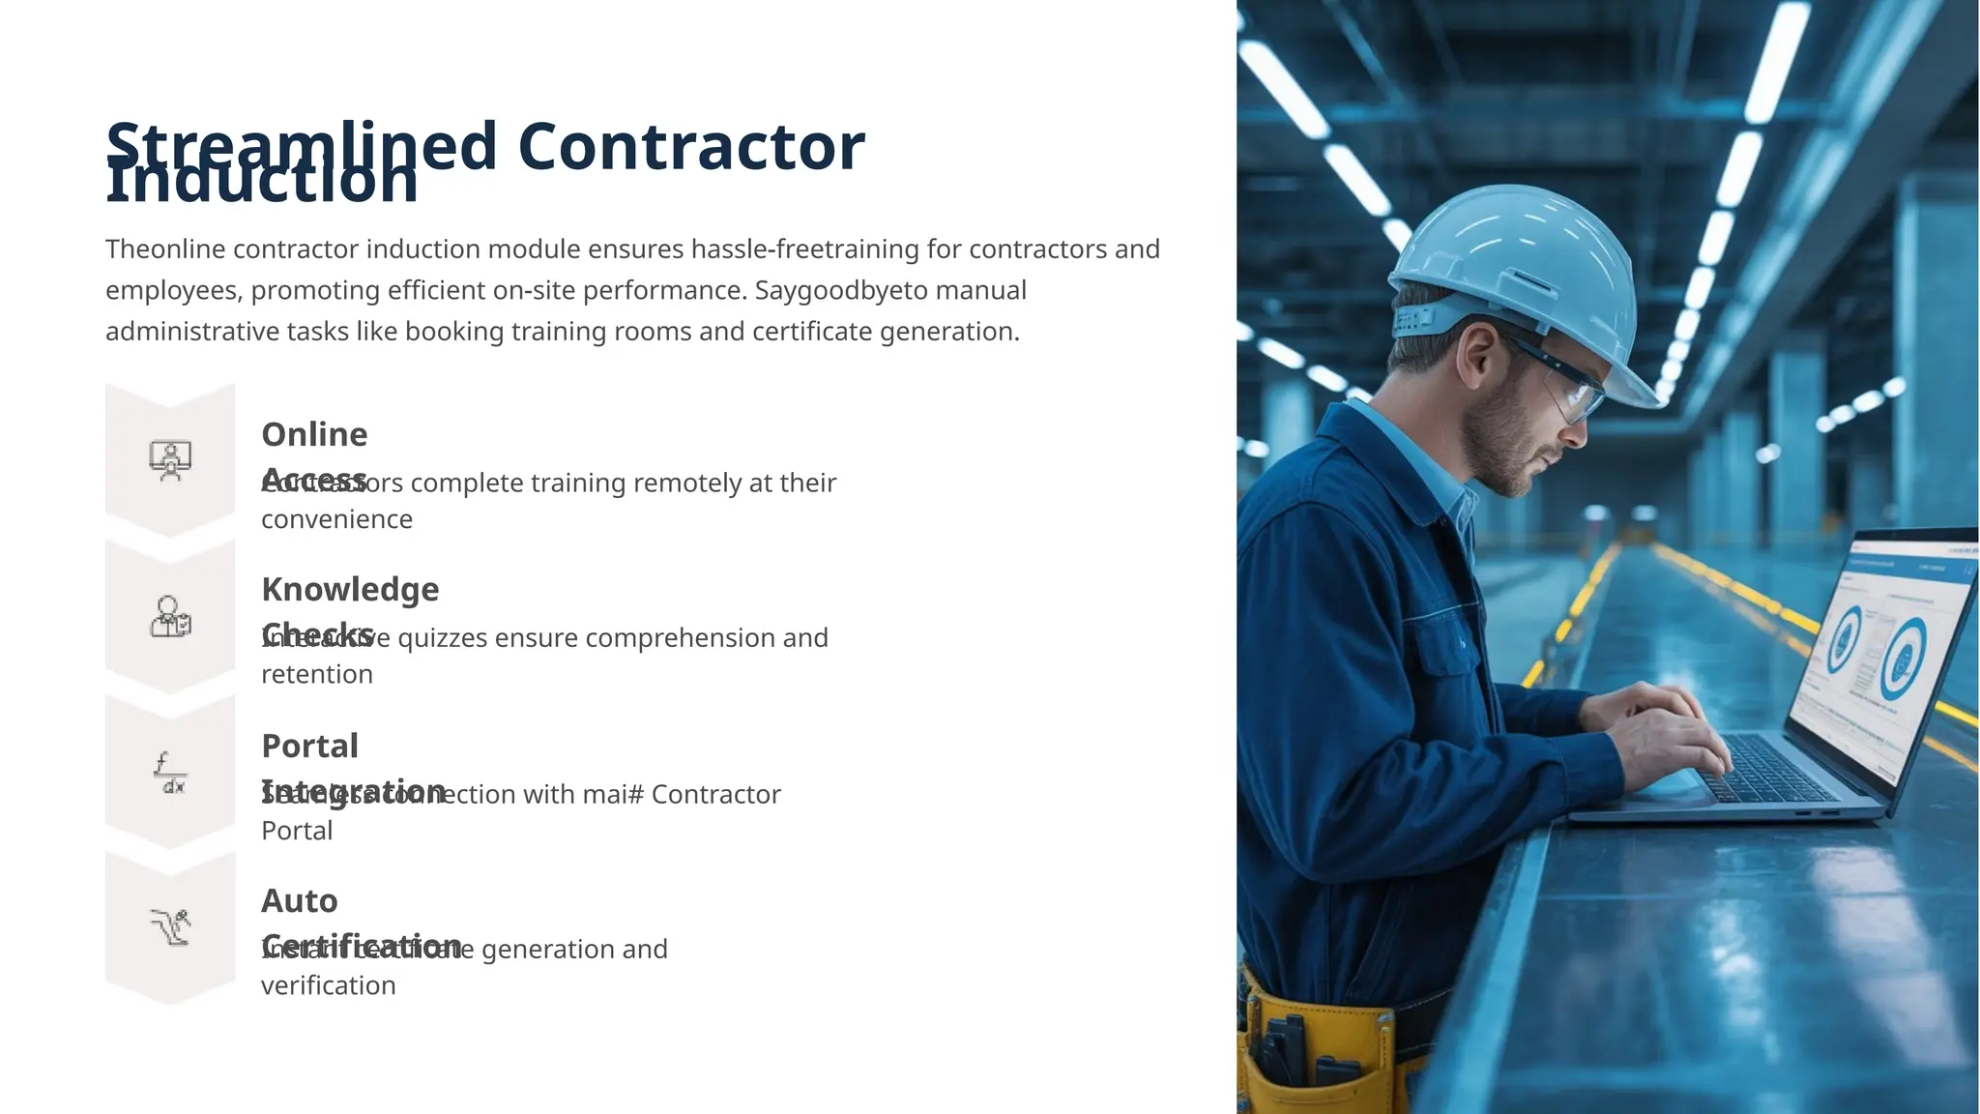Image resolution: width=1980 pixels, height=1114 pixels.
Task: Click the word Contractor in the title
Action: (x=690, y=147)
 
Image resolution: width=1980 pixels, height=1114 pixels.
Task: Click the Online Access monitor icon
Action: (x=170, y=460)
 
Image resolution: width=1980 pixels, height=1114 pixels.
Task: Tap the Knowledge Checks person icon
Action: (x=170, y=616)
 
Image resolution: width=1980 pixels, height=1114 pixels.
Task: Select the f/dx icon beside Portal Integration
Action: (x=170, y=773)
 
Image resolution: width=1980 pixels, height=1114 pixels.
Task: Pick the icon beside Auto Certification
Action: (x=170, y=927)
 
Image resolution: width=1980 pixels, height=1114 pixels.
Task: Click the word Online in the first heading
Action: (x=314, y=435)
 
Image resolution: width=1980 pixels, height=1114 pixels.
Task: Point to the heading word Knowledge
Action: (x=350, y=590)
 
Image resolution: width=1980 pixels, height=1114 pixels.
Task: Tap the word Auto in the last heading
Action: (x=300, y=901)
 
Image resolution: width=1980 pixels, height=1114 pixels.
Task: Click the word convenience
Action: (x=336, y=519)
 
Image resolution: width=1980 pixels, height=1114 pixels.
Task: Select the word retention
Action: (x=317, y=674)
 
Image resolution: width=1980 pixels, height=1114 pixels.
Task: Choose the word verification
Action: (x=329, y=985)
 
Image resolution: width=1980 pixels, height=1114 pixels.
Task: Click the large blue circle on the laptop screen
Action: (x=1902, y=658)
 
